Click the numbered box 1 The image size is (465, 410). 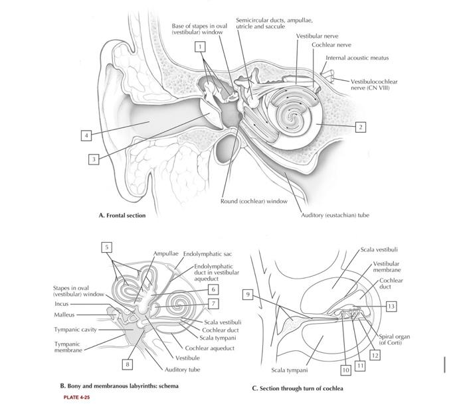(x=199, y=46)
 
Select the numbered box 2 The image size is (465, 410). (x=360, y=126)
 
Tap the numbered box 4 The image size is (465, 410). (x=86, y=135)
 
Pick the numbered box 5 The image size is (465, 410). (x=106, y=247)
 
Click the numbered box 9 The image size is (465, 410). (x=248, y=293)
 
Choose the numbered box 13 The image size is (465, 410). (x=391, y=306)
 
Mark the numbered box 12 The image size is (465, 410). (x=375, y=356)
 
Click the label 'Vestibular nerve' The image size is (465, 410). (x=317, y=35)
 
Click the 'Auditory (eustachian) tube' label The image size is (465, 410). (x=335, y=215)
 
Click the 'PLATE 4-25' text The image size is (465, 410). (x=76, y=397)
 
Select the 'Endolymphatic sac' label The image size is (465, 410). (x=207, y=253)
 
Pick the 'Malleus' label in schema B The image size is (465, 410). (x=64, y=314)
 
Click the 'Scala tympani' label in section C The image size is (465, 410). (x=289, y=370)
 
